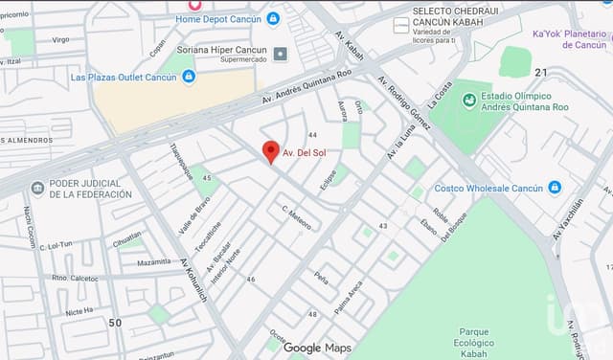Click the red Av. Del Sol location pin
point(271,151)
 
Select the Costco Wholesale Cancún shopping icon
point(556,188)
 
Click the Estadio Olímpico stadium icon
point(469,100)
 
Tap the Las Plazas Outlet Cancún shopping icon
point(188,77)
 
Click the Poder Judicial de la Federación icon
point(37,188)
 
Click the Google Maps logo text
point(317,348)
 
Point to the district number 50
point(115,323)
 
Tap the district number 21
point(541,73)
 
